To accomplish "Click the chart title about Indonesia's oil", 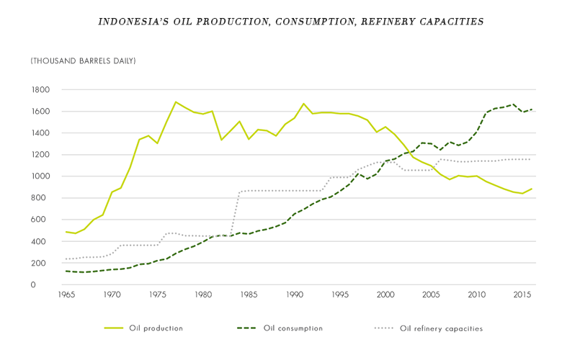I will (x=290, y=22).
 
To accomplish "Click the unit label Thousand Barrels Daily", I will (x=83, y=61).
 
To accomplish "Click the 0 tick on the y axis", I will (x=45, y=285).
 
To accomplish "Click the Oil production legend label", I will (x=156, y=328).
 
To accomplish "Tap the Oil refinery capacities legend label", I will (x=441, y=328).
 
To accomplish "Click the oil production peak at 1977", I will (x=175, y=102).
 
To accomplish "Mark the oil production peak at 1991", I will (x=303, y=104).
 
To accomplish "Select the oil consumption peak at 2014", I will (x=513, y=104).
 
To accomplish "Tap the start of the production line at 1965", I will (x=66, y=232).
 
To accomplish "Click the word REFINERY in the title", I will (x=385, y=22).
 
